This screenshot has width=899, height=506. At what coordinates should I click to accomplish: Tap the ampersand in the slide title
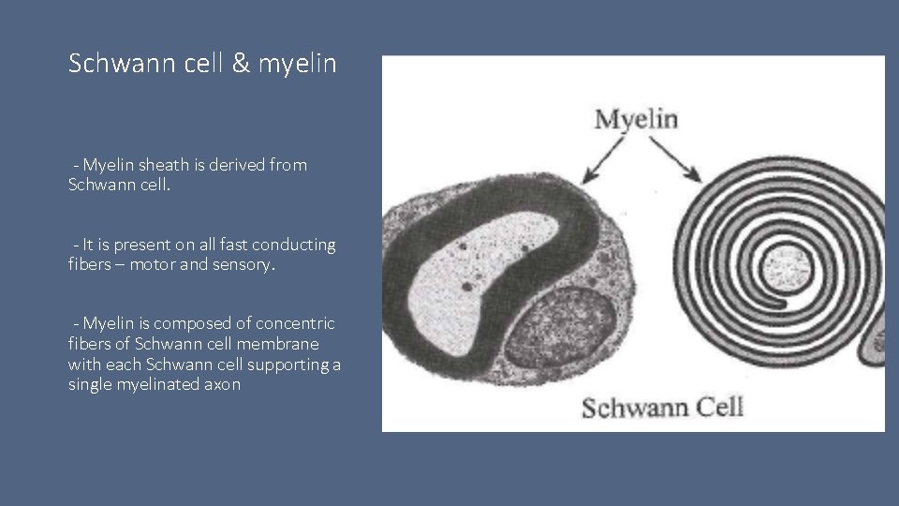218,64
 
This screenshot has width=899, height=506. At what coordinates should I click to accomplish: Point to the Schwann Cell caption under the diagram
663,407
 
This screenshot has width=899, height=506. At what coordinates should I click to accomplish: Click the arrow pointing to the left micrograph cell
602,159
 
